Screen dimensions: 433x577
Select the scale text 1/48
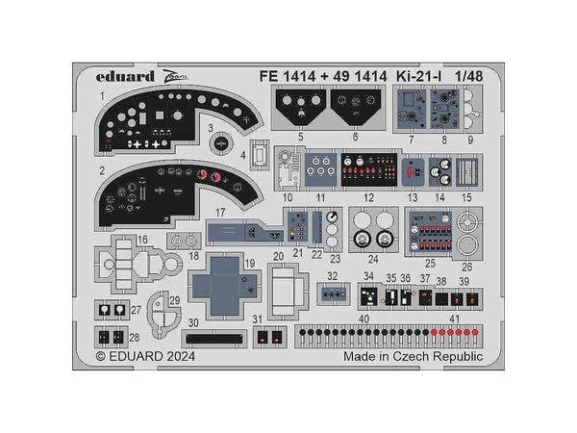(x=470, y=74)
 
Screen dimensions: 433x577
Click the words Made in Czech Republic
(x=413, y=355)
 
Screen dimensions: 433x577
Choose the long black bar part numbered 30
(x=214, y=338)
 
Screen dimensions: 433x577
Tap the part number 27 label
(x=136, y=310)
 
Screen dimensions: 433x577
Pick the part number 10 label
(x=288, y=197)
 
